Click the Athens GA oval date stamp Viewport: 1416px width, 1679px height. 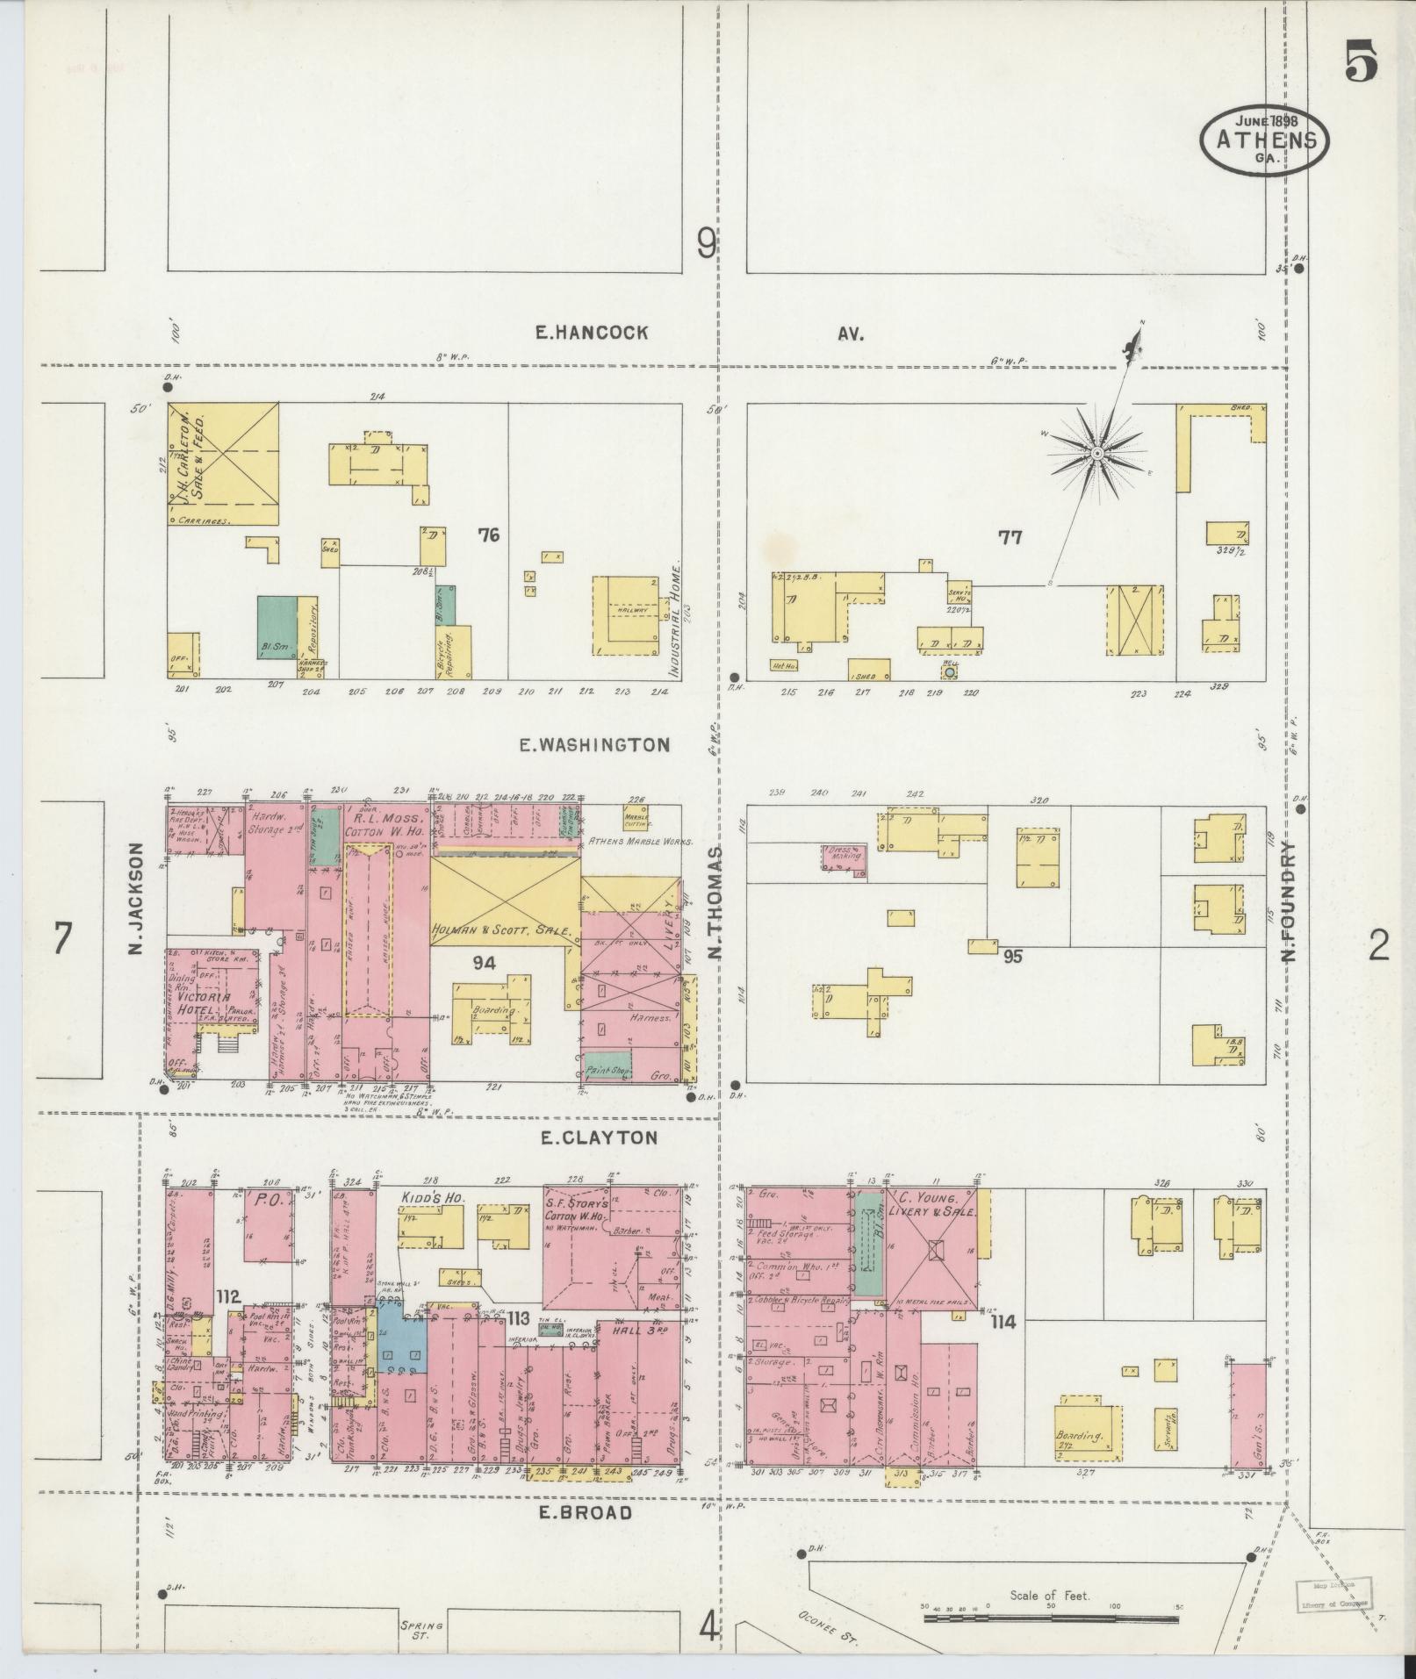[x=1264, y=139]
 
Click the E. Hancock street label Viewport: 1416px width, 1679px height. [x=593, y=333]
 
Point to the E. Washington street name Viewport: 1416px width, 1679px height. [x=594, y=745]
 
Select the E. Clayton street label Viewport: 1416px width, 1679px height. [x=598, y=1137]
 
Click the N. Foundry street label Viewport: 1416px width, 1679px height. [x=1288, y=901]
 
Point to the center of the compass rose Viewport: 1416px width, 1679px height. [x=1096, y=452]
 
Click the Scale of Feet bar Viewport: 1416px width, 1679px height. [x=1051, y=1617]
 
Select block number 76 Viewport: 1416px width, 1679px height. [x=488, y=534]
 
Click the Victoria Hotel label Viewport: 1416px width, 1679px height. [x=204, y=1002]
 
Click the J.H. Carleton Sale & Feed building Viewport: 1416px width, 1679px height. [x=225, y=464]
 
